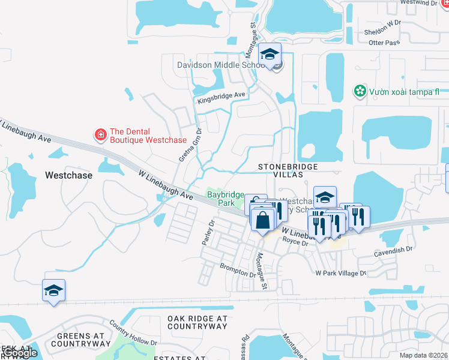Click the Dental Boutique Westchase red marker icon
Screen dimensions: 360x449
[x=101, y=134]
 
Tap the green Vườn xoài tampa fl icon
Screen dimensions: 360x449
[x=360, y=92]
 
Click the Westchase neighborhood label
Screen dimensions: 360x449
[x=69, y=176]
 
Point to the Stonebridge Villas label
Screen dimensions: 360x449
[x=287, y=170]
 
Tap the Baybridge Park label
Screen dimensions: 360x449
[x=226, y=199]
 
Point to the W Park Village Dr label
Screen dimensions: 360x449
[x=340, y=273]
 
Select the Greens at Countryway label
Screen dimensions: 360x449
[x=79, y=340]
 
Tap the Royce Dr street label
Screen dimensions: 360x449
[x=295, y=242]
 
